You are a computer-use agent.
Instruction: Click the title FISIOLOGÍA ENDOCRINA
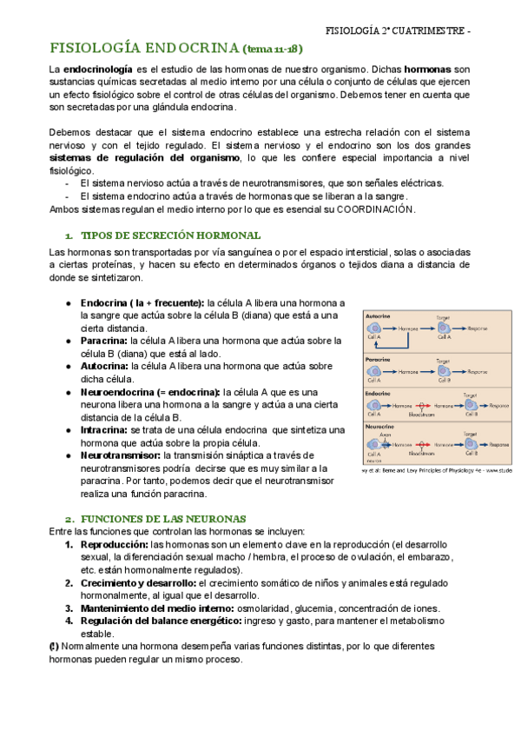point(143,48)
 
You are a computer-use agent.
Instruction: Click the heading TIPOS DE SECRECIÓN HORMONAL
point(170,236)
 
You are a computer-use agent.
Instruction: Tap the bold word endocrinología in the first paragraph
point(97,68)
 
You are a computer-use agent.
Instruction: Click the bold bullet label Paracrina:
point(105,341)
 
